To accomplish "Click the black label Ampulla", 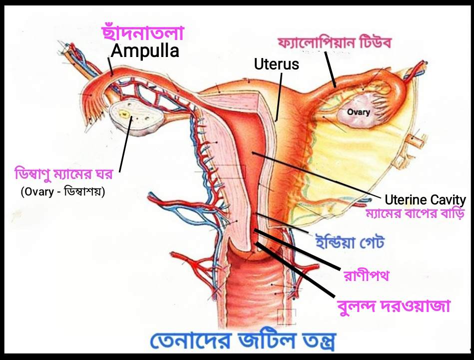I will [x=144, y=51].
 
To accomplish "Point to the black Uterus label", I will [x=276, y=64].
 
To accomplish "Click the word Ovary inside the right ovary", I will [x=359, y=112].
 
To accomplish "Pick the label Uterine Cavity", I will [x=426, y=200].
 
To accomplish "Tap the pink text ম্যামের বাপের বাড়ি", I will [x=416, y=214].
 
